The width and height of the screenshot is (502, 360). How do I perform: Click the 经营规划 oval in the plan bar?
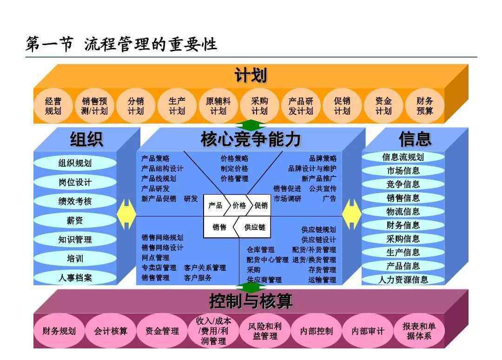pyautogui.click(x=53, y=106)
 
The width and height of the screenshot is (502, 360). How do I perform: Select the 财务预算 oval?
pyautogui.click(x=424, y=106)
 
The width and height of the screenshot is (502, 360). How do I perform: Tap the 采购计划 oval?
pyautogui.click(x=259, y=106)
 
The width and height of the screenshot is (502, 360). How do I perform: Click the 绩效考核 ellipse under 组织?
pyautogui.click(x=75, y=201)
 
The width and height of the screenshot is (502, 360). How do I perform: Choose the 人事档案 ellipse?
pyautogui.click(x=75, y=277)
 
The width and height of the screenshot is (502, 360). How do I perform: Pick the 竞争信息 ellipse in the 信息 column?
pyautogui.click(x=403, y=184)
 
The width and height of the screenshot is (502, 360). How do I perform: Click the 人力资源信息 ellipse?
pyautogui.click(x=403, y=280)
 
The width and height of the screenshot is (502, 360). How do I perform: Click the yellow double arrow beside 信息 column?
pyautogui.click(x=352, y=215)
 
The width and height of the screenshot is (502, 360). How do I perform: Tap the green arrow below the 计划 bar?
pyautogui.click(x=251, y=124)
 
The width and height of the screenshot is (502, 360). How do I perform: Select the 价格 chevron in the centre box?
pyautogui.click(x=238, y=205)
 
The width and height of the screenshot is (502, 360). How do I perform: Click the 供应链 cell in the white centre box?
pyautogui.click(x=253, y=227)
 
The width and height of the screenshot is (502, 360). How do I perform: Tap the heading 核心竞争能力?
pyautogui.click(x=251, y=139)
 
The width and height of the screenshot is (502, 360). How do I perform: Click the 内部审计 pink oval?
pyautogui.click(x=368, y=331)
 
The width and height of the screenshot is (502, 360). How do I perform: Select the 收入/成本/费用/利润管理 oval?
pyautogui.click(x=213, y=331)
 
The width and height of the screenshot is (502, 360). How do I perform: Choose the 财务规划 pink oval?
pyautogui.click(x=59, y=331)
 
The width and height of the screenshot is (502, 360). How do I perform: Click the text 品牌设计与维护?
pyautogui.click(x=312, y=169)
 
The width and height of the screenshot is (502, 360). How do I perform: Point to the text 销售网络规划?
pyautogui.click(x=162, y=237)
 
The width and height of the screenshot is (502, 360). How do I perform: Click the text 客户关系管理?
pyautogui.click(x=205, y=268)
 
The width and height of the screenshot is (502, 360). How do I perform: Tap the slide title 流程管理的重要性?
pyautogui.click(x=151, y=44)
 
